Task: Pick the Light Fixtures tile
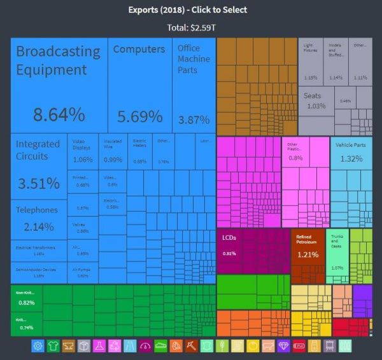click(311, 60)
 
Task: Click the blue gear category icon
click(38, 346)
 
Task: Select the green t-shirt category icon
click(53, 346)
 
